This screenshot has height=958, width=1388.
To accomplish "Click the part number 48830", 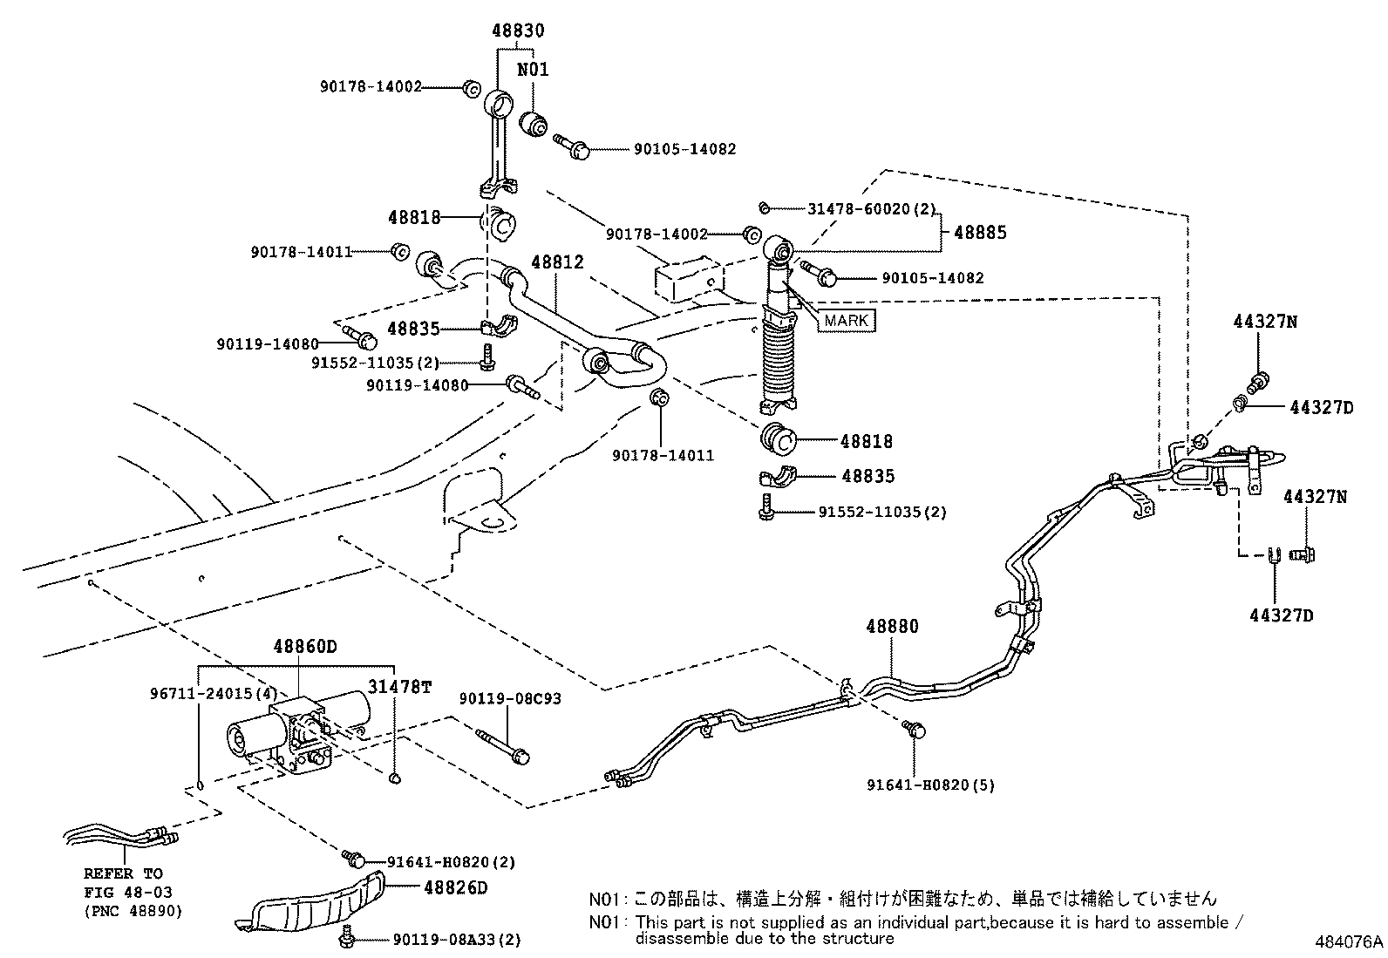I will coord(516,31).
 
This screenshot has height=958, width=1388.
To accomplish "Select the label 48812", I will coord(557,262).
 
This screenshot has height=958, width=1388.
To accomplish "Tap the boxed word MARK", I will coord(846,320).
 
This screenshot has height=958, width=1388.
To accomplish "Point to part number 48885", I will coord(980,233).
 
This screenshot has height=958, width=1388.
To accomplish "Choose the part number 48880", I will coord(892,626).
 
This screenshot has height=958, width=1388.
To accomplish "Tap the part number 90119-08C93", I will coord(511,699).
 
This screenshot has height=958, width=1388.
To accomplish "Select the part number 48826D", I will coord(456,887).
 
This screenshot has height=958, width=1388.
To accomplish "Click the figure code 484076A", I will coord(1349,942).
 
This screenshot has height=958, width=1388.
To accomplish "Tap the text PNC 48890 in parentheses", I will coord(135,911).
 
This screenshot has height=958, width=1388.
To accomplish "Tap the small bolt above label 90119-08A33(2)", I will coord(349,934).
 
